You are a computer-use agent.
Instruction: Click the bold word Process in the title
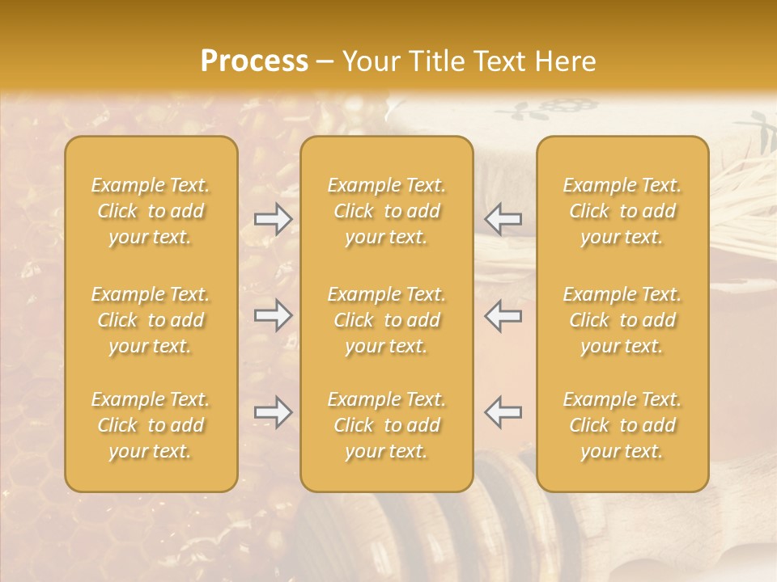click(x=254, y=61)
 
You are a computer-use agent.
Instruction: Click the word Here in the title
click(x=564, y=61)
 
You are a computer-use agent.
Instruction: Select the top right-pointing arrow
click(x=273, y=219)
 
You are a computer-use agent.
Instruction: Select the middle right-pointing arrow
click(x=273, y=315)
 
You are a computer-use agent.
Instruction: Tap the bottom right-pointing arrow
click(x=273, y=412)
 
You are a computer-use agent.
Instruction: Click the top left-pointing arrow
click(x=503, y=219)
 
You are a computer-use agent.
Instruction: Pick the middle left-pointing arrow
click(x=503, y=315)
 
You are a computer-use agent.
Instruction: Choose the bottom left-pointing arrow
click(x=503, y=412)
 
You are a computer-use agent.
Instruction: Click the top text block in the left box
click(x=151, y=211)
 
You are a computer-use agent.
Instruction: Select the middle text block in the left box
click(x=151, y=320)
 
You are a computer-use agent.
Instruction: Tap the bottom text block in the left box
click(x=151, y=425)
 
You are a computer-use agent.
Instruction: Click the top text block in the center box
click(x=386, y=211)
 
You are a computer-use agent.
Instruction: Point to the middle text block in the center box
click(x=386, y=320)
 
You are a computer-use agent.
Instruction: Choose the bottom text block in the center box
click(x=386, y=425)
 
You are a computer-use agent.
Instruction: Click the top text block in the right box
click(x=622, y=211)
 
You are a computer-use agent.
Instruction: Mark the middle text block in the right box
click(x=622, y=320)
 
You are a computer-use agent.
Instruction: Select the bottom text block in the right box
click(x=622, y=425)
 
